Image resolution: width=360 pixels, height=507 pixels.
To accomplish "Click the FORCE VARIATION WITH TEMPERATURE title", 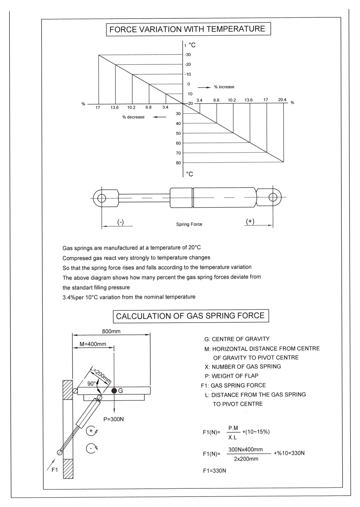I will click(188, 29).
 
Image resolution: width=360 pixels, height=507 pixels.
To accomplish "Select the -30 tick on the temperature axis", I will click(188, 55).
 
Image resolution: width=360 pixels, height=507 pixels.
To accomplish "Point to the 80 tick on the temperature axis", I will click(178, 163).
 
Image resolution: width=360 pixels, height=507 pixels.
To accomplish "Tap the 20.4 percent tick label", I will click(282, 100).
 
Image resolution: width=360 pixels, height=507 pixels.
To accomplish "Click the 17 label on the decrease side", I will click(98, 108).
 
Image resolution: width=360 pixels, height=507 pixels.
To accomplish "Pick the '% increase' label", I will click(224, 87).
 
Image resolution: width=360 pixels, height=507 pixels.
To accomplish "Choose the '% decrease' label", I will click(133, 117).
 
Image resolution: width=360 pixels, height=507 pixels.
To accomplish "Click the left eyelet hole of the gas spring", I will click(102, 198).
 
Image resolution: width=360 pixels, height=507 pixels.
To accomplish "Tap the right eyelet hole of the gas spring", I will click(273, 197).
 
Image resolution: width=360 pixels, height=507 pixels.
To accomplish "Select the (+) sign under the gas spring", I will click(250, 221).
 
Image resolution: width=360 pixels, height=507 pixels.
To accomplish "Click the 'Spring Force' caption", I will click(189, 224).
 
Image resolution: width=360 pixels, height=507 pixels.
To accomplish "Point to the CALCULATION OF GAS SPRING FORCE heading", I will click(190, 316).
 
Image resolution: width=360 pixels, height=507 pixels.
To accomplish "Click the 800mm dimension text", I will click(111, 331).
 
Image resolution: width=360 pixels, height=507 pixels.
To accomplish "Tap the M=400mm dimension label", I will click(93, 344).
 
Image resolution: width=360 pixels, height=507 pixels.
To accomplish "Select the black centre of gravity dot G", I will click(114, 391).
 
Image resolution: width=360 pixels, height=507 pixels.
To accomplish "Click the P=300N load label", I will click(114, 419).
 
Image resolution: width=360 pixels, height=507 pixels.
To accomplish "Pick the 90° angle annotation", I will click(92, 384).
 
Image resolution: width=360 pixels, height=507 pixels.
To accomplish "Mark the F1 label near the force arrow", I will click(55, 470).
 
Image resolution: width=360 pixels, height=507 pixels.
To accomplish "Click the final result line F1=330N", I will click(214, 471).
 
